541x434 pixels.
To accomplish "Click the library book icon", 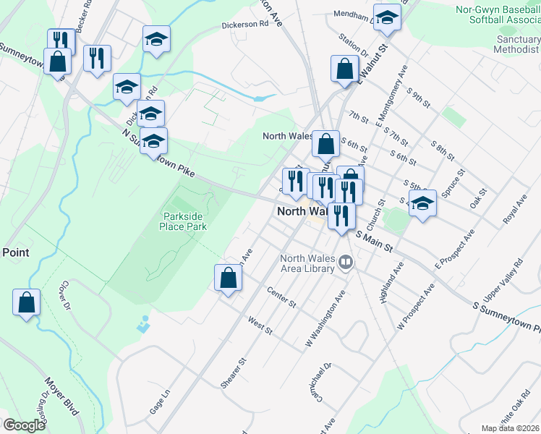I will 346,263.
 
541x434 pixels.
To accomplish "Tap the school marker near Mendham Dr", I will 387,20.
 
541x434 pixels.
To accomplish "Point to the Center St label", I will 281,297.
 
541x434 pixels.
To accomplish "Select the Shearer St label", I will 234,370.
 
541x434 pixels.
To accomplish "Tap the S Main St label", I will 375,242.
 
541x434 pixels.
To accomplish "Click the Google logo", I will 25,425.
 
